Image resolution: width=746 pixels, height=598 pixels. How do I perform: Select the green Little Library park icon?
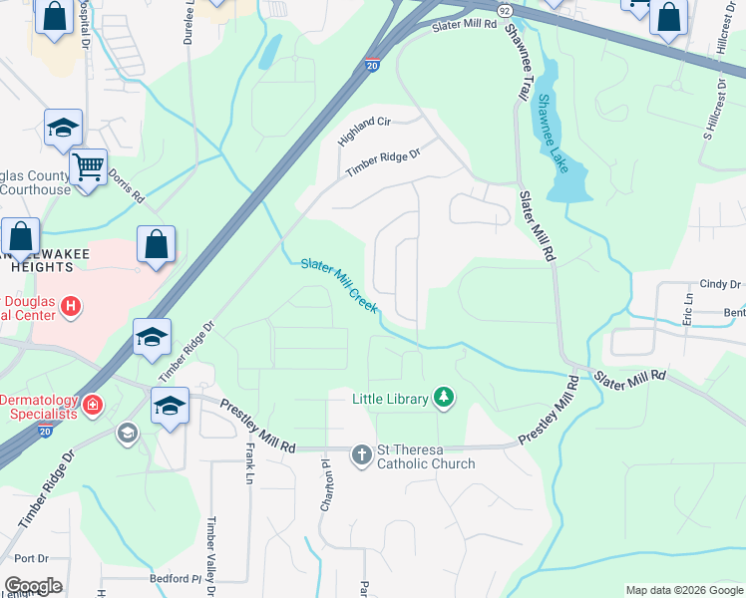(445, 399)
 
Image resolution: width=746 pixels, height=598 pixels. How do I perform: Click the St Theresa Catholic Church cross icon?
(360, 455)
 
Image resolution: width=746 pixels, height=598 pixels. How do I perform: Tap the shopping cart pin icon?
(89, 166)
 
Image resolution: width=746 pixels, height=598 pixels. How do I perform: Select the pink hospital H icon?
(70, 307)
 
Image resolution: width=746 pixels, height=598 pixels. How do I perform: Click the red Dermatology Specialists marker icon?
(92, 405)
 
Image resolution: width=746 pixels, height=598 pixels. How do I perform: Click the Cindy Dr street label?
(721, 284)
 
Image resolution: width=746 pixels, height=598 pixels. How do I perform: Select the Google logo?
(32, 586)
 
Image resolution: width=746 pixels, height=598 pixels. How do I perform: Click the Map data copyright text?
(683, 590)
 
